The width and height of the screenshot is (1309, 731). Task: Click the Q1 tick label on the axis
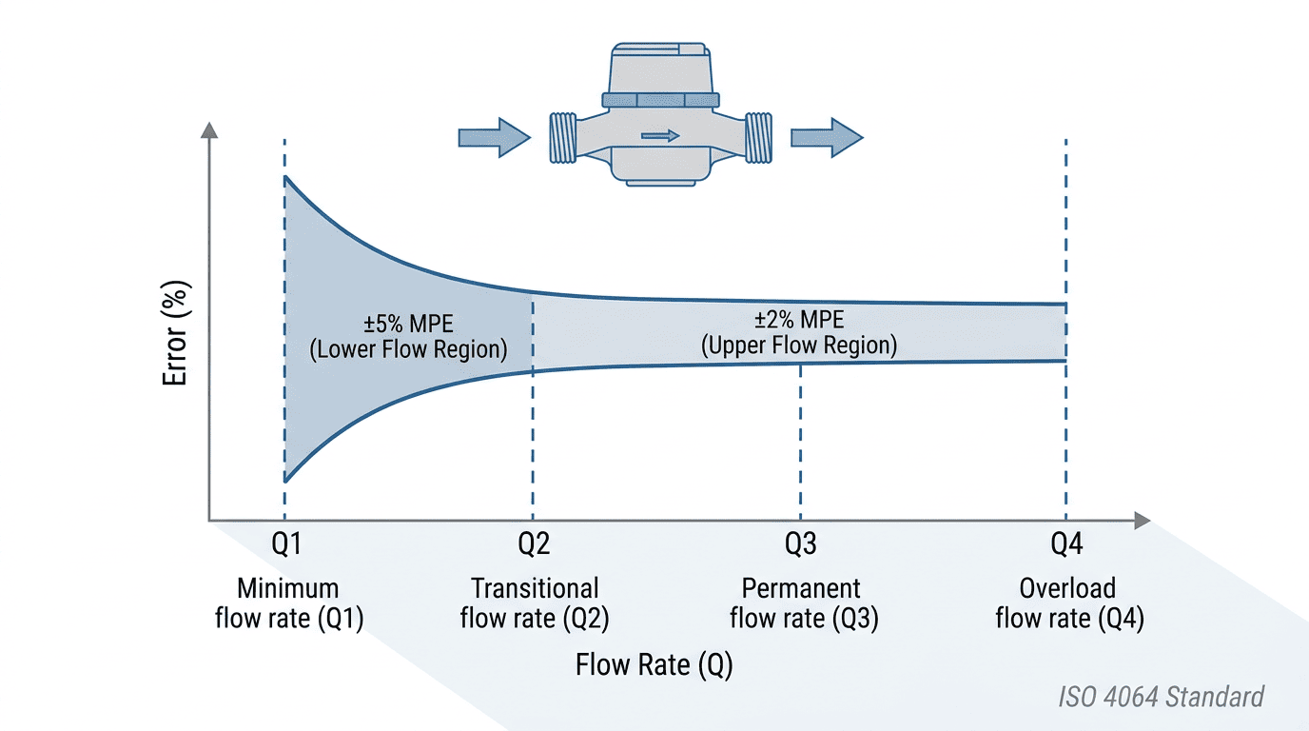(x=286, y=543)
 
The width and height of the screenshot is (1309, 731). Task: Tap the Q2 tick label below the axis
(x=534, y=543)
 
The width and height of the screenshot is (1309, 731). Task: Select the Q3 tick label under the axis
(x=801, y=543)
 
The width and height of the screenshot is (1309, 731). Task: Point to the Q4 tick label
(x=1066, y=543)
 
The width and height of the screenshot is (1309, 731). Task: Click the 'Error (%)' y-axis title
(x=175, y=333)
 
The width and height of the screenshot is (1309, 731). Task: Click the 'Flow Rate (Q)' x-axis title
(x=654, y=665)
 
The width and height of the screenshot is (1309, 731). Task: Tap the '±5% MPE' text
(x=408, y=324)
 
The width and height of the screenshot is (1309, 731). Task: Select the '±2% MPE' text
(x=799, y=320)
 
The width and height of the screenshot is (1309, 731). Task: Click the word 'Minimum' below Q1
(x=287, y=588)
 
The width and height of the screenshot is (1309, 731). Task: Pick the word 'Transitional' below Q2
(x=535, y=588)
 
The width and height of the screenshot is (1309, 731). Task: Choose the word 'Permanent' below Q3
(x=801, y=588)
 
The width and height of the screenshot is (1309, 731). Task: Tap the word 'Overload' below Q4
(x=1067, y=588)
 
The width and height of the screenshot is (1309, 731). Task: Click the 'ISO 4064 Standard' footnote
(x=1162, y=697)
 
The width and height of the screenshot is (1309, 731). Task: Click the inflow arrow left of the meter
(x=495, y=138)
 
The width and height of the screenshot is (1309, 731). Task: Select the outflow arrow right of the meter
(x=827, y=138)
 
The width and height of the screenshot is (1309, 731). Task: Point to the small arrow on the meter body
(x=660, y=136)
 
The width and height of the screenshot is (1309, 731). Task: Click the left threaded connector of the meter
(x=563, y=137)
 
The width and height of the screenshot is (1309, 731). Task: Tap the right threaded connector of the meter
(x=758, y=137)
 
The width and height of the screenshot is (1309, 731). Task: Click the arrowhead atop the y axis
(x=209, y=129)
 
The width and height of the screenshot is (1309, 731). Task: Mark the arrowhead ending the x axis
(x=1142, y=521)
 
